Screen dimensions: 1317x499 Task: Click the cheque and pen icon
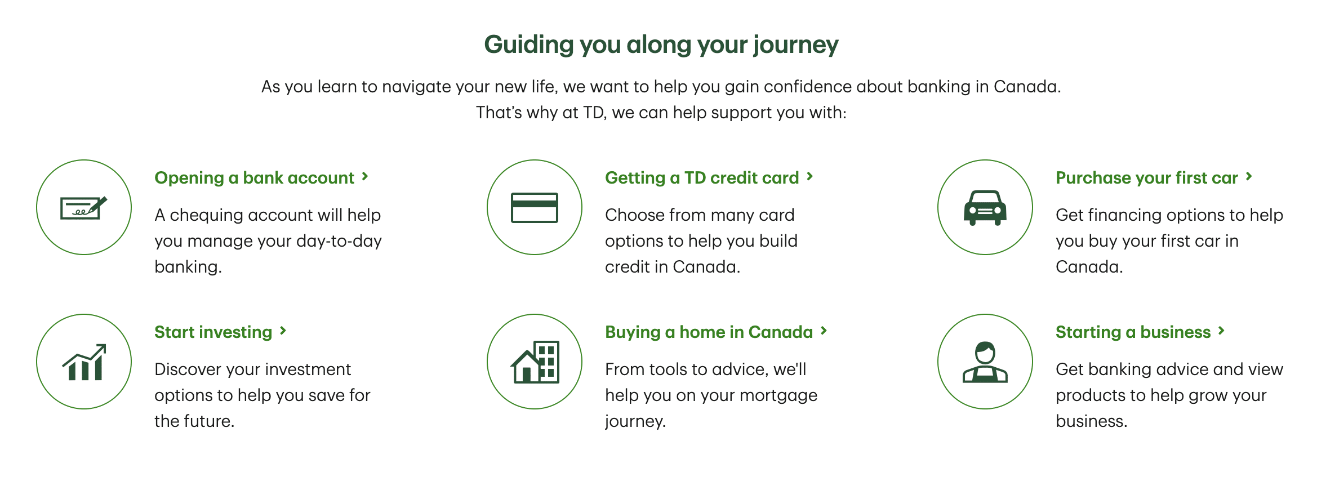click(x=83, y=208)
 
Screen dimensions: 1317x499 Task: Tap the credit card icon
click(x=535, y=208)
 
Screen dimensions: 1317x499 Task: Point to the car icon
click(x=985, y=208)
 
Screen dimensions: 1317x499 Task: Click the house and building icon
click(x=535, y=362)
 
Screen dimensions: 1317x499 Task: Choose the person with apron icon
click(x=985, y=362)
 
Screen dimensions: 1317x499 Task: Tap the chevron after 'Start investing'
click(x=283, y=331)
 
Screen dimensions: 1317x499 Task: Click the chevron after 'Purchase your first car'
click(x=1249, y=177)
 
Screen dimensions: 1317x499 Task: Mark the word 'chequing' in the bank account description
click(x=206, y=216)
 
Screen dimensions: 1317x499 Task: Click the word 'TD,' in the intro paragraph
click(x=595, y=113)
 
